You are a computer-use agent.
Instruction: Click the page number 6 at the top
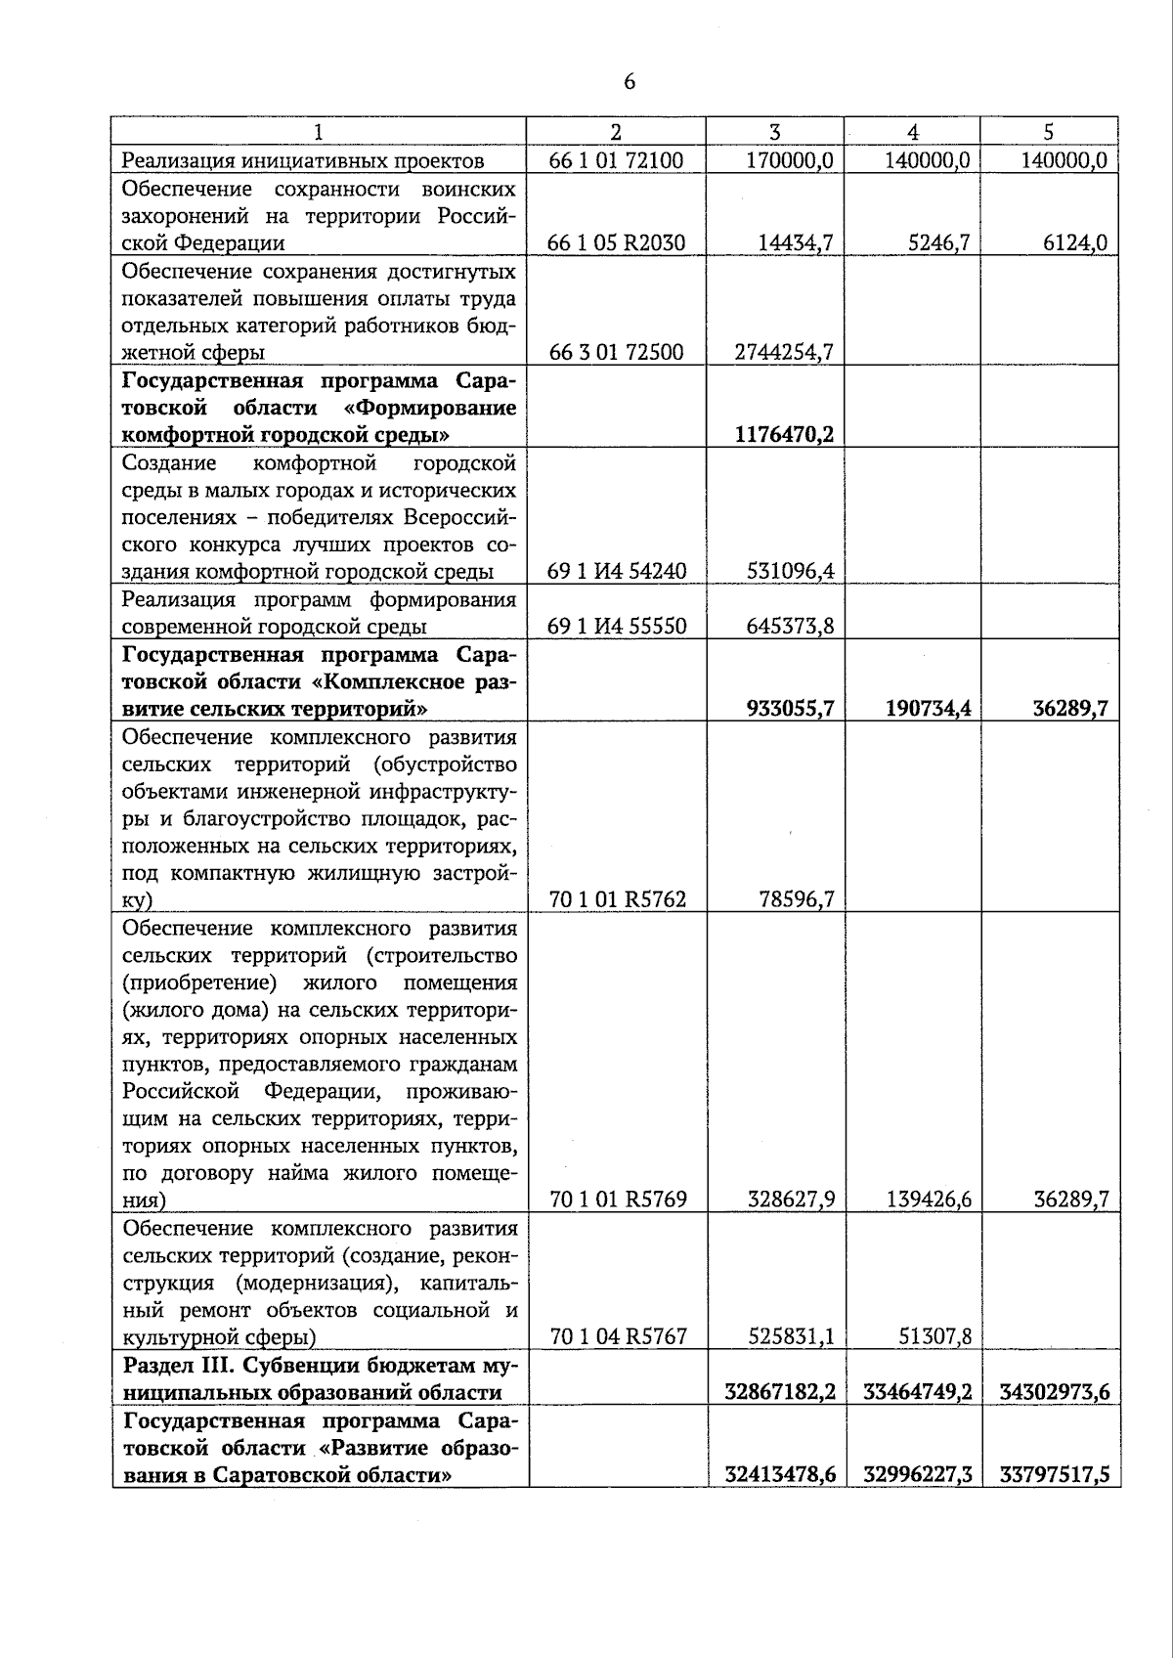click(629, 82)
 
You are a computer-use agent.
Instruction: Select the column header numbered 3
click(774, 132)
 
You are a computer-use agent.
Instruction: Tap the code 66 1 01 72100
click(616, 160)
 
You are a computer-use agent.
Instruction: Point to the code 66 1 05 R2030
click(616, 242)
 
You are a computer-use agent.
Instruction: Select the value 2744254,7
click(784, 352)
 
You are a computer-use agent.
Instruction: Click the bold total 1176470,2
click(784, 434)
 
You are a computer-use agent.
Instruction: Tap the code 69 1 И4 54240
click(617, 571)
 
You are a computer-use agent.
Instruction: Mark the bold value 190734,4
click(928, 708)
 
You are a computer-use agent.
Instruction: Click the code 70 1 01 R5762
click(618, 899)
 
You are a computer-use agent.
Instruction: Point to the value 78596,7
click(796, 899)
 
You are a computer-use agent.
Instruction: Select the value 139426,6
click(928, 1200)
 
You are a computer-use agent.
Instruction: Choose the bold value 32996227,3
click(917, 1474)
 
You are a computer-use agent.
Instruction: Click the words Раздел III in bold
click(170, 1365)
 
